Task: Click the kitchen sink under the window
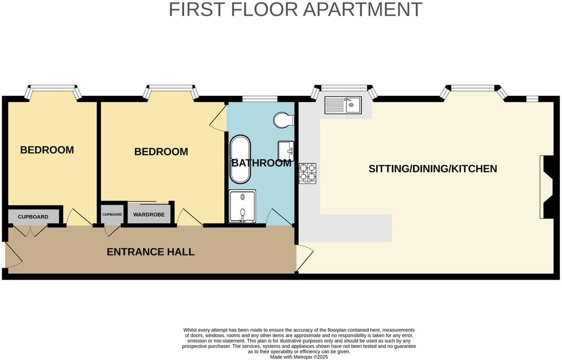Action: (343, 105)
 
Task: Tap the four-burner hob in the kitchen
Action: (307, 173)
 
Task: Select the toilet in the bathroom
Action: (283, 120)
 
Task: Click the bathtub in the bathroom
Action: (240, 159)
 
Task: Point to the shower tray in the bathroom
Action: (241, 207)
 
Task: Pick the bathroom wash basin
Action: (286, 151)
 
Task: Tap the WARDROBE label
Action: (149, 215)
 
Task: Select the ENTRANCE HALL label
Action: (150, 252)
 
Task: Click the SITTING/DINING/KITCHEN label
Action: (432, 168)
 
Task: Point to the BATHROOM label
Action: (261, 163)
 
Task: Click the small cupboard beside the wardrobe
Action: (112, 215)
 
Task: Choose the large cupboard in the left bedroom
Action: (33, 217)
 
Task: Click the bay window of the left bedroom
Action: (53, 91)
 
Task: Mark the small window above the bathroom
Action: (259, 98)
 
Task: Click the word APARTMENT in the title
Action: (363, 10)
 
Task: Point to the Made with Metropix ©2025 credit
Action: (299, 357)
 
